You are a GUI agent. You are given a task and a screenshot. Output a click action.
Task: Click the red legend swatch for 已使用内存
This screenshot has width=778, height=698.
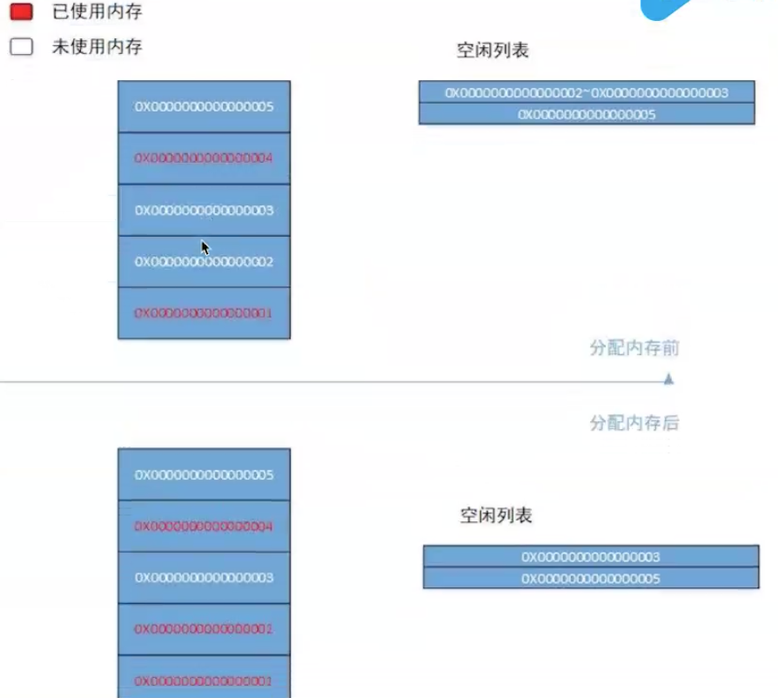[x=22, y=12]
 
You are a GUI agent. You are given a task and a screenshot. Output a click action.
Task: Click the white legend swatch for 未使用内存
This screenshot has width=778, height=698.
[x=22, y=47]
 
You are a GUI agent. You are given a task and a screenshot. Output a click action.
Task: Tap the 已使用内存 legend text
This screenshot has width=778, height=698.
[x=97, y=12]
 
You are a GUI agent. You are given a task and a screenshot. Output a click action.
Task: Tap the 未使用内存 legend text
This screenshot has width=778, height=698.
[x=97, y=47]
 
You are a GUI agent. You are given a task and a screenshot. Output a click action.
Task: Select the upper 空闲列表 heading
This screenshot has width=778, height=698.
[x=493, y=50]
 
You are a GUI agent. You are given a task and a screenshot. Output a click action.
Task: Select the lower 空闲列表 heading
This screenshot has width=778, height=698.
[x=496, y=516]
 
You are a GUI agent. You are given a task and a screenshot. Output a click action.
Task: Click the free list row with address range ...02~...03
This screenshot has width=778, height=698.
[x=587, y=92]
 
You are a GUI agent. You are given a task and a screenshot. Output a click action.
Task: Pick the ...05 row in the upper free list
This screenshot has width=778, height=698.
[x=587, y=114]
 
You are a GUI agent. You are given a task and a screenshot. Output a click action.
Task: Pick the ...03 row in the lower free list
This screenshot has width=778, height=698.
[x=591, y=556]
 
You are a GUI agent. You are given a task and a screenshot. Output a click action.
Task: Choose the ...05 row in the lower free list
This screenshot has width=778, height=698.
[x=591, y=579]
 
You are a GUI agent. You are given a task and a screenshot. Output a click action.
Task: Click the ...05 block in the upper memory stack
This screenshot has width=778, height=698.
[x=205, y=107]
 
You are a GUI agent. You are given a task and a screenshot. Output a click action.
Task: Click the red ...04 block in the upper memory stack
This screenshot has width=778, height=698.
[x=205, y=158]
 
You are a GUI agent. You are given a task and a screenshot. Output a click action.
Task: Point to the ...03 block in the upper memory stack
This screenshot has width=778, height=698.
[x=205, y=211]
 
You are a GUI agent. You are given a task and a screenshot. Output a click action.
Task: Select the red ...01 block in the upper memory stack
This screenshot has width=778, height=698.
[x=205, y=313]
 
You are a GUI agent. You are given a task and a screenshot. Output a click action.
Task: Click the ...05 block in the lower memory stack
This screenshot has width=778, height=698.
[x=205, y=474]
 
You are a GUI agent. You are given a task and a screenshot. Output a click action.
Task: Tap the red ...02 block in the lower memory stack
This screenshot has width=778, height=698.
[x=205, y=629]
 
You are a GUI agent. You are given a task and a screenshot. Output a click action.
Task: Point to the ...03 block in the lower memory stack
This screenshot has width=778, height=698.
[x=205, y=578]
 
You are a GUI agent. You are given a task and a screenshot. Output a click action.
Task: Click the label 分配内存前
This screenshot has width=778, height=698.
[x=634, y=349]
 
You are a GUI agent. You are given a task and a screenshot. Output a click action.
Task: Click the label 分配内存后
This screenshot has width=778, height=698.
[x=634, y=424]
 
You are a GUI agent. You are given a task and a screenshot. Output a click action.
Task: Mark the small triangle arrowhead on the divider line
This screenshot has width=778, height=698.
[x=668, y=379]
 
